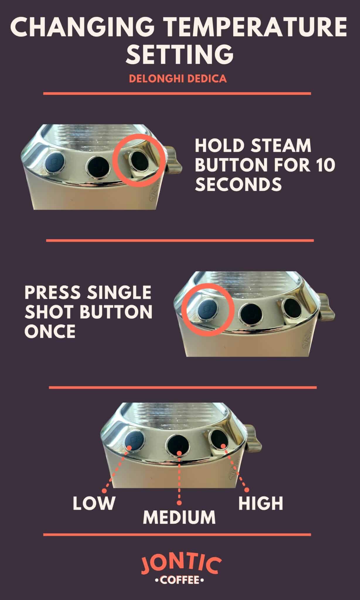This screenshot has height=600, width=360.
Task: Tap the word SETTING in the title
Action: (180, 54)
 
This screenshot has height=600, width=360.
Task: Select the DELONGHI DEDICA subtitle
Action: (178, 79)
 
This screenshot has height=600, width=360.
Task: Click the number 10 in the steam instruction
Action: (324, 165)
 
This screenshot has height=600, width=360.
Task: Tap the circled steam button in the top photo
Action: (139, 161)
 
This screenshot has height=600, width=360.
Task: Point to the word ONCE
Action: (50, 331)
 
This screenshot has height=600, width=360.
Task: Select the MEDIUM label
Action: (179, 517)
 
